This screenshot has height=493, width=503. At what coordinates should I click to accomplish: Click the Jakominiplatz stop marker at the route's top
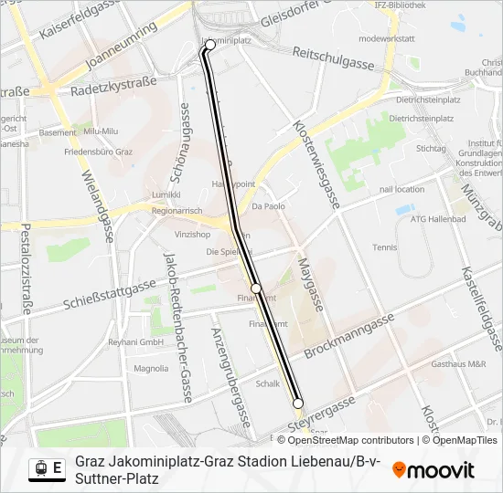210,44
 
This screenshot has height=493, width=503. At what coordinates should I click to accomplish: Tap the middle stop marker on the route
256,288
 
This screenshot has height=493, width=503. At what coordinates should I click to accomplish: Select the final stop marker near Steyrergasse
298,403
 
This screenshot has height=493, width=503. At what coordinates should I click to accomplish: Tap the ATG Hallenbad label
438,219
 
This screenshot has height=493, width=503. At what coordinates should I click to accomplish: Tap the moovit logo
433,470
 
